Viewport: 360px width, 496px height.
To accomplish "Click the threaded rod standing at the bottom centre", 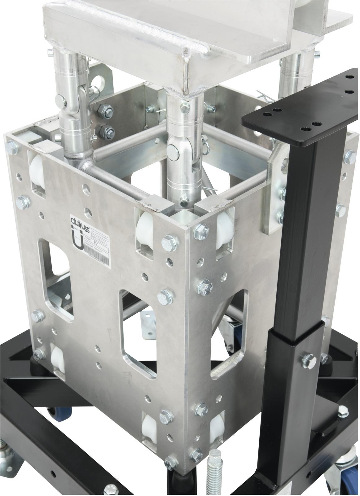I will coord(215,477).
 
